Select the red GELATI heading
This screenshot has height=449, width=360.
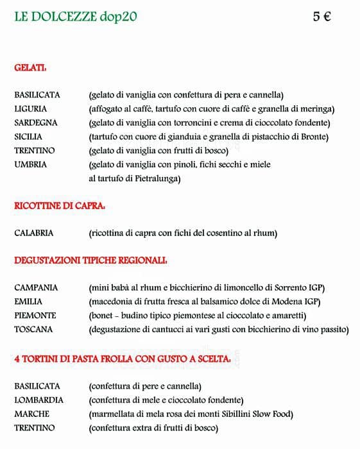click(30, 67)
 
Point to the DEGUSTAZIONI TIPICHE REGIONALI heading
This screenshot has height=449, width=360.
click(90, 260)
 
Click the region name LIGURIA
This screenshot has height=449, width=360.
click(31, 109)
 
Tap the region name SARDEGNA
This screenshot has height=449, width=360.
click(36, 123)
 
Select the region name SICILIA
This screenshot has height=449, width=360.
click(28, 137)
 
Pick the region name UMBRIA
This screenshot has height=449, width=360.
click(30, 165)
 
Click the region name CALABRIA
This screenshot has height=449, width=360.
click(34, 233)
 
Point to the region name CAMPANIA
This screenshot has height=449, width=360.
click(36, 287)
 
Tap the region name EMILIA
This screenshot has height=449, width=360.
click(28, 301)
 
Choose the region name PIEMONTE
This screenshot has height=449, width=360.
click(35, 316)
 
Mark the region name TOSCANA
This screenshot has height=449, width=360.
click(33, 330)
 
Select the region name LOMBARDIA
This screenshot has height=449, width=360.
click(39, 400)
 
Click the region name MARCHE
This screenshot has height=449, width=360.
click(31, 414)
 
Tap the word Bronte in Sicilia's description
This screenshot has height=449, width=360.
click(313, 137)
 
